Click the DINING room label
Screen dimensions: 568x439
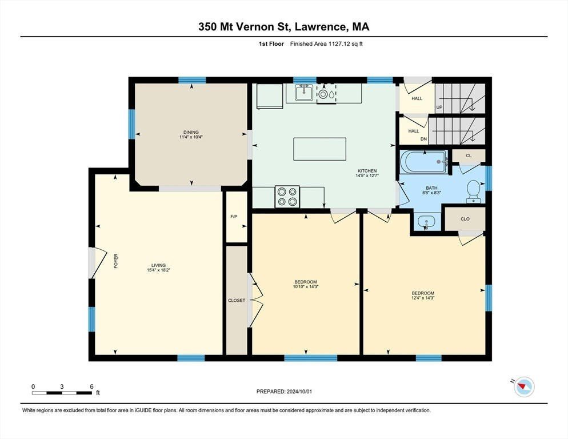[191, 132]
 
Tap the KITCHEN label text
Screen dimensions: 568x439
[367, 171]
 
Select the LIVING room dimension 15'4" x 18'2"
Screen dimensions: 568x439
[159, 270]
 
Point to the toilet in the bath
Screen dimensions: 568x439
[474, 191]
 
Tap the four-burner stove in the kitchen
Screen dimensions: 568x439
[287, 197]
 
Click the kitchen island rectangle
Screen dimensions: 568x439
[319, 149]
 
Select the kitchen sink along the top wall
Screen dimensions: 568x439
[303, 93]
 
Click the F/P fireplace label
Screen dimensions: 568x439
[234, 217]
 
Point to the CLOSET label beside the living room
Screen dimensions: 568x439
[237, 300]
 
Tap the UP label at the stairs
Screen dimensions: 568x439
[439, 107]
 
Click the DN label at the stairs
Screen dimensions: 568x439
[423, 139]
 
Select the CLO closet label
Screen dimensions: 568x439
[465, 219]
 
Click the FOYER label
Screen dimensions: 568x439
[116, 261]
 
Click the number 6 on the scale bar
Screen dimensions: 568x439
[91, 386]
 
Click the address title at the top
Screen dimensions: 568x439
[284, 27]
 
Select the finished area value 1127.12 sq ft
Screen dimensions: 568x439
[346, 44]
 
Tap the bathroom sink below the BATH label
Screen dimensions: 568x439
[427, 221]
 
